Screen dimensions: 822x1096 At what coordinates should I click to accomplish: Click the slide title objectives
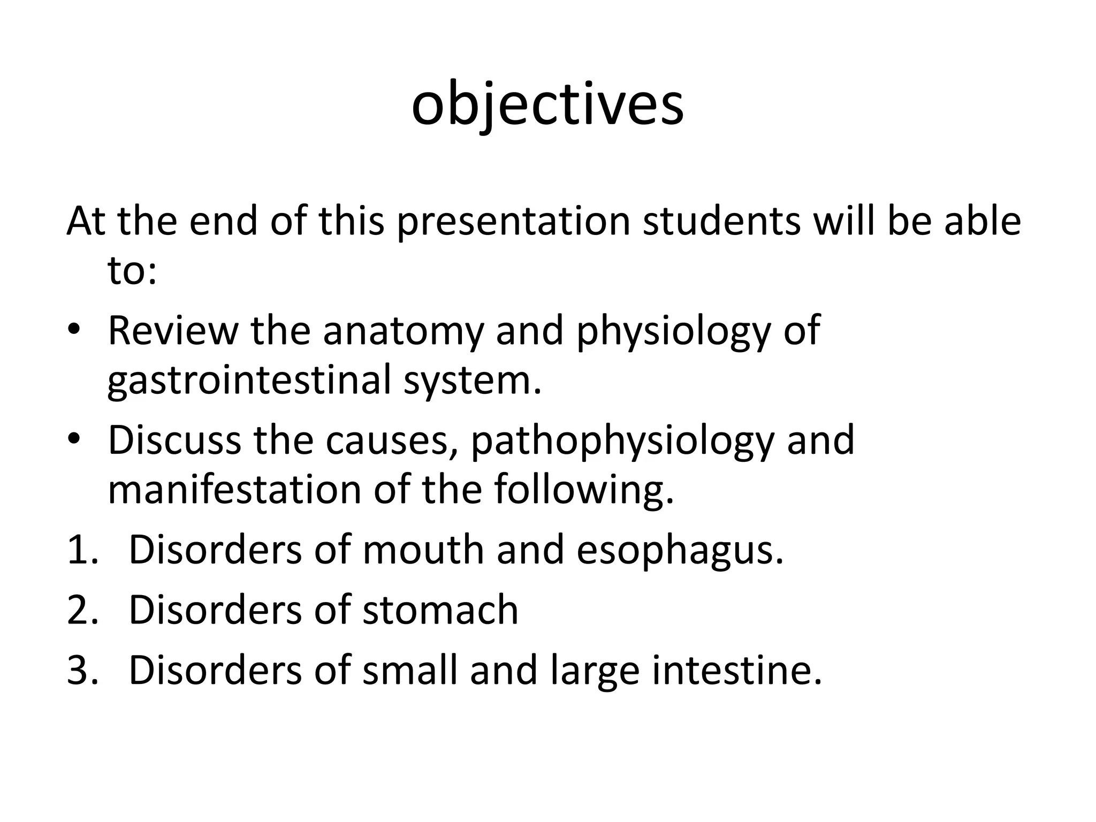coord(547,105)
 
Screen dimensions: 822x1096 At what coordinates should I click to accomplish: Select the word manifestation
coord(235,490)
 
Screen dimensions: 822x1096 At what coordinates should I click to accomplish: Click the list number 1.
coord(82,550)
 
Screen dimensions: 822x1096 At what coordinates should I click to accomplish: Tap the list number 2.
coord(82,610)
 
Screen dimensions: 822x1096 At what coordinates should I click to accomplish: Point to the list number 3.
coord(82,671)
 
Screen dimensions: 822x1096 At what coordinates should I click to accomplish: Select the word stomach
coord(440,610)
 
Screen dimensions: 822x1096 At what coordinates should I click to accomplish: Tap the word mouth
coord(423,550)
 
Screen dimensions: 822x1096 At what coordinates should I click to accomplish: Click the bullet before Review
coord(73,330)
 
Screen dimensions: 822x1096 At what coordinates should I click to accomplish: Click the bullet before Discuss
coord(73,439)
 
